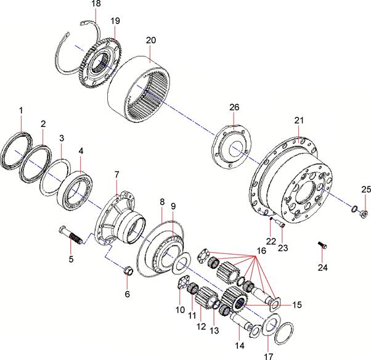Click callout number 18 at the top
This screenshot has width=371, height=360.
tap(96, 4)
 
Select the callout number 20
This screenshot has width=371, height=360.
tap(150, 39)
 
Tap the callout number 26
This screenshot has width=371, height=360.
tap(234, 107)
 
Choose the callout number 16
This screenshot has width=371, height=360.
tap(261, 251)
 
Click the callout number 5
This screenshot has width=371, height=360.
tap(71, 259)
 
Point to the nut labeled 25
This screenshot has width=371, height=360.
tap(364, 214)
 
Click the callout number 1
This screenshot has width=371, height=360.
tap(21, 110)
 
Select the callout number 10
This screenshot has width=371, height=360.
tap(179, 309)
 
